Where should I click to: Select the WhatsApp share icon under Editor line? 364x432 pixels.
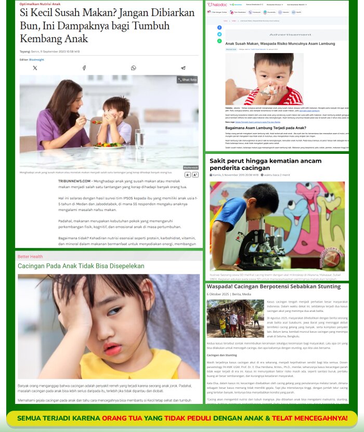tap(133, 68)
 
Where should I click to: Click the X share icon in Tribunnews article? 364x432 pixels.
tap(35, 68)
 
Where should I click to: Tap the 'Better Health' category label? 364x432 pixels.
tap(30, 257)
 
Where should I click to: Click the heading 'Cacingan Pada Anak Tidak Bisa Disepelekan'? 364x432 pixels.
tap(81, 266)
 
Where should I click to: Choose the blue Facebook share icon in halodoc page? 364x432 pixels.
tap(219, 28)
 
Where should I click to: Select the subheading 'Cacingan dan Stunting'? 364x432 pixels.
tap(222, 355)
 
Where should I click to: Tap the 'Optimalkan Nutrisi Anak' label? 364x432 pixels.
tap(41, 4)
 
